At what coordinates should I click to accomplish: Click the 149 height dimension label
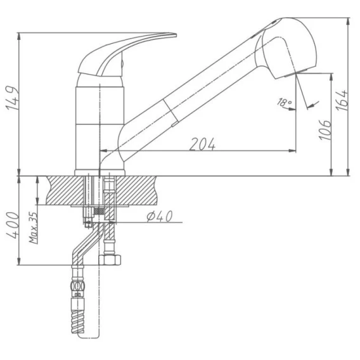[11, 98]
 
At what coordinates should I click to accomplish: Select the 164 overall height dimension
[342, 100]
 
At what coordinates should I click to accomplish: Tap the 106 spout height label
[325, 130]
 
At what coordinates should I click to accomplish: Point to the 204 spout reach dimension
[202, 144]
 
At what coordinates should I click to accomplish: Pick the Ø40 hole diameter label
[160, 216]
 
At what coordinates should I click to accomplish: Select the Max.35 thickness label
[34, 228]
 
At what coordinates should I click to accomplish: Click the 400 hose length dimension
[13, 225]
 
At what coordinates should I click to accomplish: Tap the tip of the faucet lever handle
[176, 35]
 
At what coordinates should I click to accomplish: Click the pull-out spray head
[287, 48]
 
